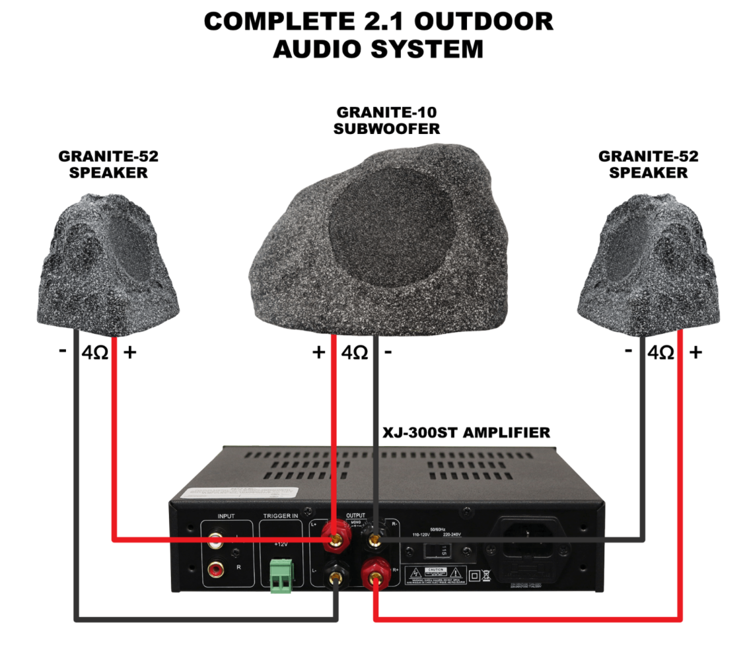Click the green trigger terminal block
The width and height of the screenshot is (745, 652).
(x=282, y=575)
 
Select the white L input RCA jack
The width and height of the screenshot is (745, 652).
(x=216, y=541)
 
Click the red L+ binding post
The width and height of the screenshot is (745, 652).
(x=336, y=538)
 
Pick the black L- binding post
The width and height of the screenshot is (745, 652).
(x=336, y=577)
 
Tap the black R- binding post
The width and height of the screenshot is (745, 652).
(x=376, y=538)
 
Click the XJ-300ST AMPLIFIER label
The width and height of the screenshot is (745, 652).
(x=466, y=433)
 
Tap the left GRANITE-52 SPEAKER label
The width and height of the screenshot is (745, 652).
(x=108, y=164)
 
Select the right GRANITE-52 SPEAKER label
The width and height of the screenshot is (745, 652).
(x=648, y=164)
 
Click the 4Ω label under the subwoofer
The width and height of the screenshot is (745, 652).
(x=355, y=352)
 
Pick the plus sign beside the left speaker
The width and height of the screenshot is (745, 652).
(x=130, y=352)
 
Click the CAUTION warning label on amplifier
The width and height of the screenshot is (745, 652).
(x=437, y=570)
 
